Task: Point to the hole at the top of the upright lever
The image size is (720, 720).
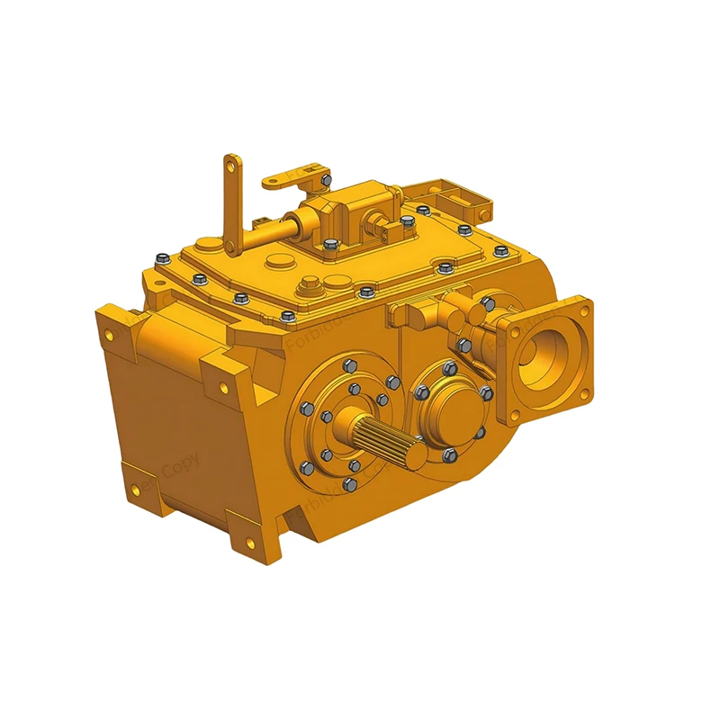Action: click(233, 166)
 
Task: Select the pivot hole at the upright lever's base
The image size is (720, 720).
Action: click(236, 244)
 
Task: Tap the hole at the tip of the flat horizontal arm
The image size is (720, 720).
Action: click(310, 167)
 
